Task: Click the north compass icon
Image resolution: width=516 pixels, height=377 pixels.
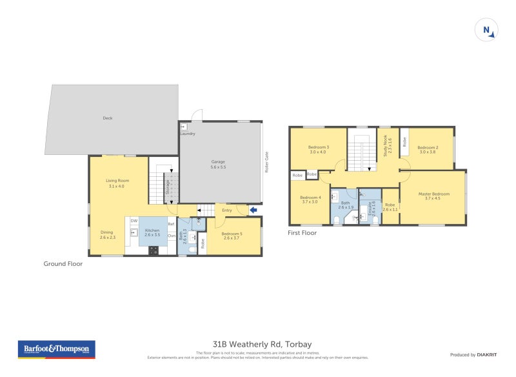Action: click(486, 30)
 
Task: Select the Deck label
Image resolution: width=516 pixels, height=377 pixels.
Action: click(108, 118)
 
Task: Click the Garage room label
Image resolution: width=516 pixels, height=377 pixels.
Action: click(218, 164)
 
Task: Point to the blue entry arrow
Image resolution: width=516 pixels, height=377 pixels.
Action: click(253, 210)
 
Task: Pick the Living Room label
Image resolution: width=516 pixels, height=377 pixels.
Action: click(119, 183)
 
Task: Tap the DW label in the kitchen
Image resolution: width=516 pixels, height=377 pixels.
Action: click(134, 221)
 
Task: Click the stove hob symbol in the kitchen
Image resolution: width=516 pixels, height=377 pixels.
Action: click(154, 251)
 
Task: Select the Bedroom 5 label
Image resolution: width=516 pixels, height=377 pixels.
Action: click(232, 236)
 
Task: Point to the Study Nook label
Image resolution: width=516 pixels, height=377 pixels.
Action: click(386, 146)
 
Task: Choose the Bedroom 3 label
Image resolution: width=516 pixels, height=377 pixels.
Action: click(319, 150)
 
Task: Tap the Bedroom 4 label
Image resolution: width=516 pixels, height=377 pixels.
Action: click(311, 199)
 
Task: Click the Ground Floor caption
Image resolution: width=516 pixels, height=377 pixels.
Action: click(63, 263)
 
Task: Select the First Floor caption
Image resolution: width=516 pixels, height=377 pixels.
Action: click(303, 233)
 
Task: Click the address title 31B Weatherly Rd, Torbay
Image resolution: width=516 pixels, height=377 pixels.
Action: click(262, 344)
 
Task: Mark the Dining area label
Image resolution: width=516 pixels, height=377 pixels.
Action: click(107, 235)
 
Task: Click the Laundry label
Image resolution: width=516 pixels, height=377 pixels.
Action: click(188, 134)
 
